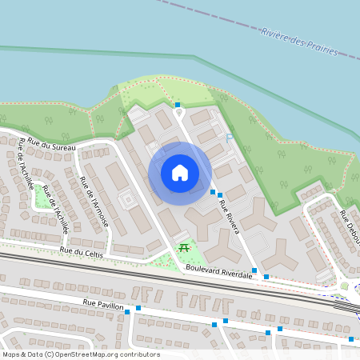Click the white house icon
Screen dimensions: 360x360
tap(180, 172)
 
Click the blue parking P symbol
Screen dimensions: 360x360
tap(230, 138)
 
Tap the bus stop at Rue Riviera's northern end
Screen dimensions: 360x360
tap(178, 105)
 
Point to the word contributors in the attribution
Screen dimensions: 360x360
tap(138, 354)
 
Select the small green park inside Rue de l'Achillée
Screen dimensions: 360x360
tap(41, 197)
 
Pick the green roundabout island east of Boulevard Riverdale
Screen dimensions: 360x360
tap(344, 286)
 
